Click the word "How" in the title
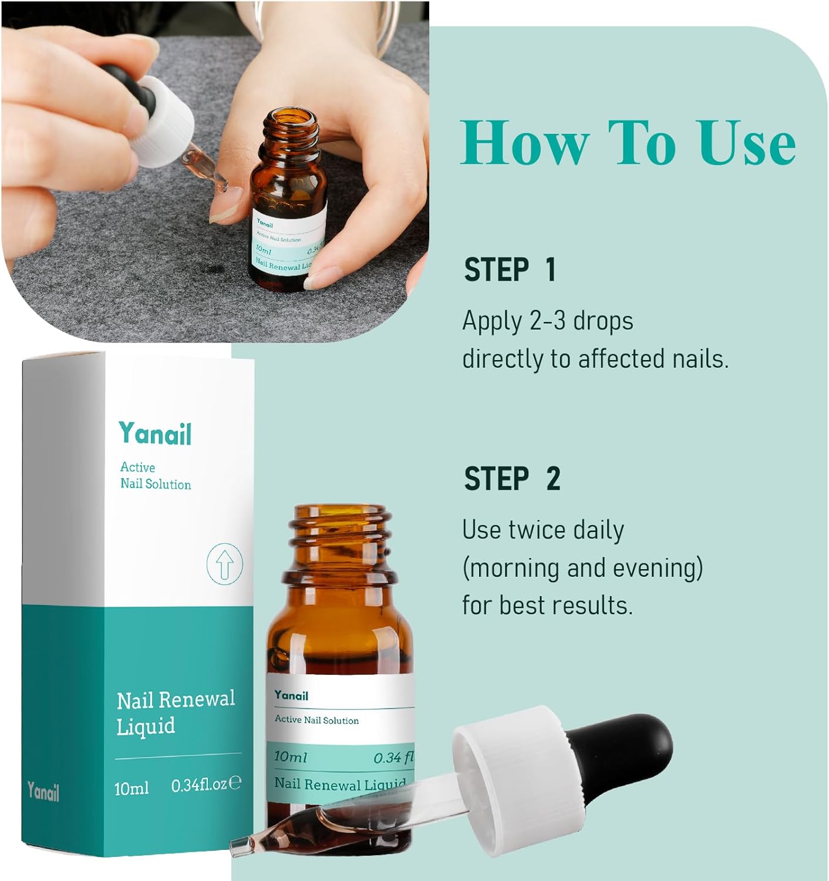tap(524, 143)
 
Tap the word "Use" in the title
tap(747, 143)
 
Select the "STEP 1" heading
tap(510, 270)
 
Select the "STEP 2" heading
tap(512, 479)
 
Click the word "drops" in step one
tap(603, 321)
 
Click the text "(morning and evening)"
tap(582, 568)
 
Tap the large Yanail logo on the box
tap(155, 434)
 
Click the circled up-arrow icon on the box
tap(225, 564)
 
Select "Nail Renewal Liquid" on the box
tap(175, 712)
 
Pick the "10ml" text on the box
tap(132, 787)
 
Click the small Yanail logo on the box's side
tap(43, 792)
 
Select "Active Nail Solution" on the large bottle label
tap(316, 720)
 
